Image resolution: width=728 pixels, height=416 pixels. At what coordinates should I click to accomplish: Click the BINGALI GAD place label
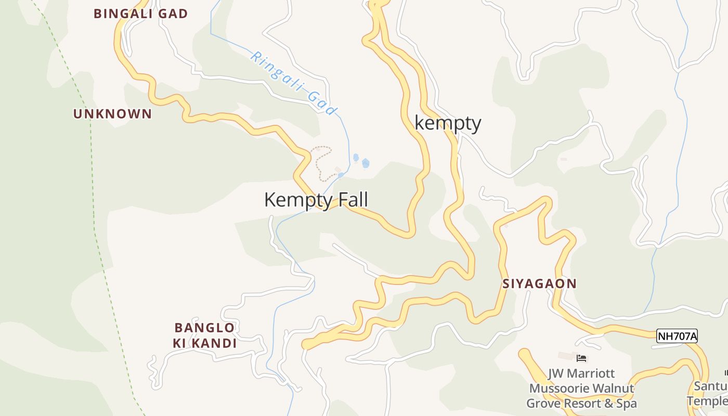(140, 14)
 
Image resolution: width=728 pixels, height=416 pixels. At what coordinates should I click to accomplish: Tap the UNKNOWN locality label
(112, 114)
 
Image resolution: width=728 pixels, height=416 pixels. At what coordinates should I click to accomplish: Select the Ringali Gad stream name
(294, 83)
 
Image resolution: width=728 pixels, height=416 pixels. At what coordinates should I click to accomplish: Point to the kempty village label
(448, 123)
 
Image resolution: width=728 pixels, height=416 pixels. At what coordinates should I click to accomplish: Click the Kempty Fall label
(316, 200)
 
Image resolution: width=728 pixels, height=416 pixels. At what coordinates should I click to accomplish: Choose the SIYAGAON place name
(539, 284)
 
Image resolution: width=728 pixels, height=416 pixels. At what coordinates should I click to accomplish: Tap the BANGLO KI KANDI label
(205, 335)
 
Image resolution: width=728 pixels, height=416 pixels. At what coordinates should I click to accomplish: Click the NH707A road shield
(677, 336)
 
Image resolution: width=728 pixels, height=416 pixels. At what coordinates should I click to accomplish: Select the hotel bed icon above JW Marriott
(581, 358)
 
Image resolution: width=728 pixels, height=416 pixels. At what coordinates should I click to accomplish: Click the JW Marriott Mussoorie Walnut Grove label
(581, 388)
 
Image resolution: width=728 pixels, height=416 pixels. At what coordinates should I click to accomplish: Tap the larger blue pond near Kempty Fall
(366, 163)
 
